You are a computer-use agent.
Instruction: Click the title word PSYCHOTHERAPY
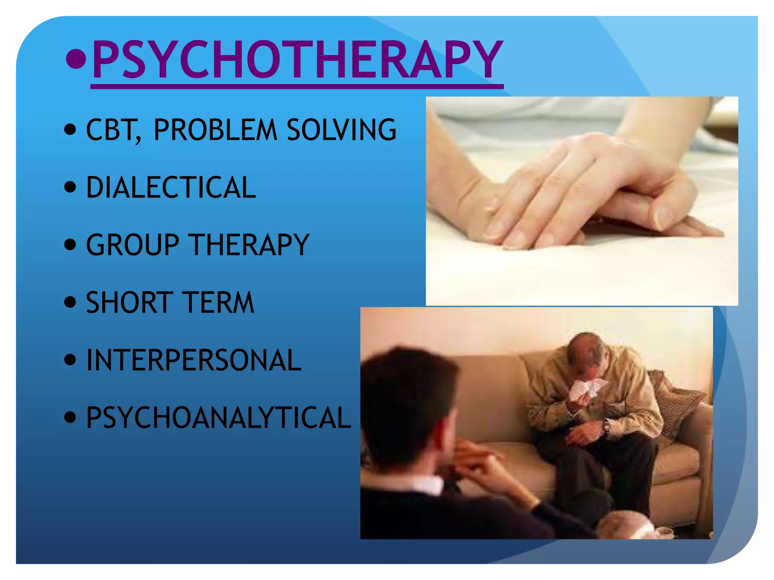[x=297, y=60]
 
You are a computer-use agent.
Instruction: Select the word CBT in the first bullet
[x=112, y=130]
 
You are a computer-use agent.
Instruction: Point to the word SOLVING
[x=341, y=130]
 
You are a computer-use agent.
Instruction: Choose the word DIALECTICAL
[x=171, y=187]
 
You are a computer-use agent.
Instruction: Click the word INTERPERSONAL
[x=193, y=360]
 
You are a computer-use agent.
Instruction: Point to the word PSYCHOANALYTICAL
[x=218, y=418]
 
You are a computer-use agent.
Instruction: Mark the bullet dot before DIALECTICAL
[x=70, y=187]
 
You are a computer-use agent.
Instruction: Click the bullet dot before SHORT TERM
[x=70, y=302]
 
